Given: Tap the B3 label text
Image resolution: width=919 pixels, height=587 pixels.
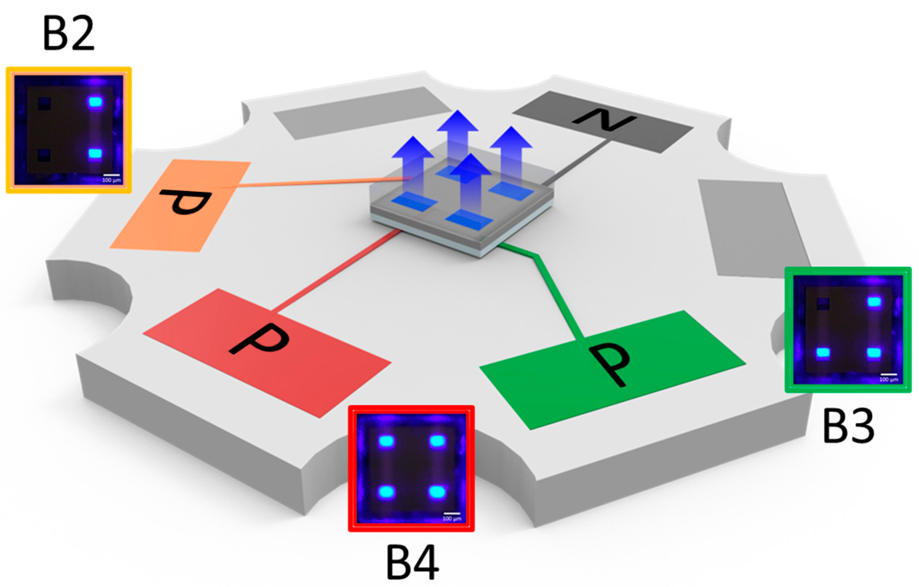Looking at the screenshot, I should point(848,426).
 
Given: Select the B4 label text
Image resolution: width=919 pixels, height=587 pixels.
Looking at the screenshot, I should point(412,563).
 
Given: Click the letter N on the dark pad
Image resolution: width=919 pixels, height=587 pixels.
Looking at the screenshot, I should point(605,121).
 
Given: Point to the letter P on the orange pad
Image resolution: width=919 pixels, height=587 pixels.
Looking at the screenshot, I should point(186,202).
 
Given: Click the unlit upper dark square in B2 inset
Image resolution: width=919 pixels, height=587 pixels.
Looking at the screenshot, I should point(44,103).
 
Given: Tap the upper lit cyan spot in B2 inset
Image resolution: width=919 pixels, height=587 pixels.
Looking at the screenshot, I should point(95,102).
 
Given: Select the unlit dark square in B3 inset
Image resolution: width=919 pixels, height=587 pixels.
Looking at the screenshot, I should point(823,304).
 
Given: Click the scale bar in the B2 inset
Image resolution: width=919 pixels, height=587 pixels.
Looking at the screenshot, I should point(111,175).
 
